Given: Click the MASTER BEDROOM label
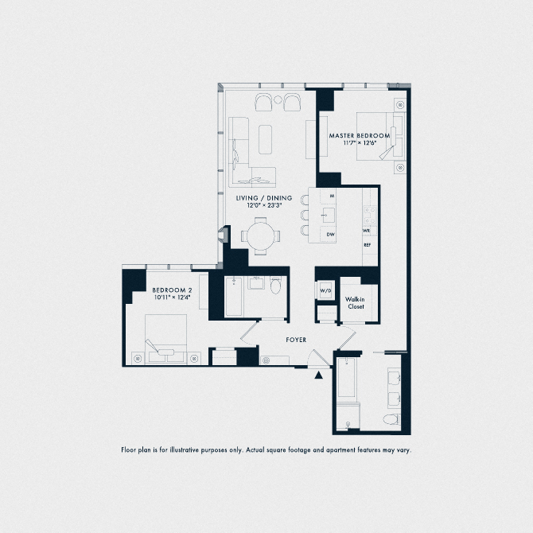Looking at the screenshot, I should (360, 136).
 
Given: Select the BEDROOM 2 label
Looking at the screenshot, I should (172, 290).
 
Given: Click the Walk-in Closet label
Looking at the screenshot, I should (355, 302).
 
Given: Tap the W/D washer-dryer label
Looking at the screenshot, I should (325, 291).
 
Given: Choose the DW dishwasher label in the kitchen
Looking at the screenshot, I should (330, 234).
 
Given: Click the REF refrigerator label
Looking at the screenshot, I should (368, 245).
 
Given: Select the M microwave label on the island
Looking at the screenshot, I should (330, 196).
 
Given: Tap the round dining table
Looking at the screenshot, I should (261, 235).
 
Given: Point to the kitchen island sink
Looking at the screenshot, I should (327, 215).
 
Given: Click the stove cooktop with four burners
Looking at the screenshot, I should (368, 213).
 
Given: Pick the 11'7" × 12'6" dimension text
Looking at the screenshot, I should (360, 144).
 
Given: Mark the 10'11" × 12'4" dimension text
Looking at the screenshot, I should (172, 298).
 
